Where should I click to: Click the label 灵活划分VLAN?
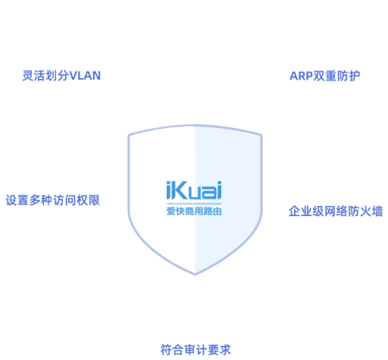click(x=61, y=75)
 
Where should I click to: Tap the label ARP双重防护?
click(x=325, y=76)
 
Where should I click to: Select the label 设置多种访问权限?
click(x=53, y=200)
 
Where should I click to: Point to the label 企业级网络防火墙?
click(x=336, y=211)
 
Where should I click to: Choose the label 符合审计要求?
click(x=195, y=350)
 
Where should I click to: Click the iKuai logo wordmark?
click(x=194, y=190)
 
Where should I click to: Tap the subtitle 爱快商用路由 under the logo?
click(x=194, y=211)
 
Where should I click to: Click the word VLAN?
click(x=85, y=76)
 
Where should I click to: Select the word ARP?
click(x=301, y=76)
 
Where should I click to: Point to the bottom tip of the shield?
click(x=195, y=274)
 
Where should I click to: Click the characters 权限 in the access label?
click(x=88, y=200)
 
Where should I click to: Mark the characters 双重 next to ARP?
click(x=324, y=76)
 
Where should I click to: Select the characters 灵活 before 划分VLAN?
click(x=34, y=75)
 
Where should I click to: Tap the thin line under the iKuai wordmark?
click(x=194, y=204)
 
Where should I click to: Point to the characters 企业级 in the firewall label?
click(x=306, y=211)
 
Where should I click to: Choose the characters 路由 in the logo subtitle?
click(x=213, y=211)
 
